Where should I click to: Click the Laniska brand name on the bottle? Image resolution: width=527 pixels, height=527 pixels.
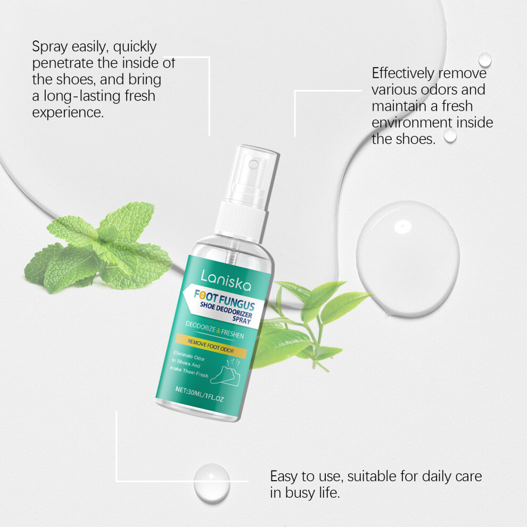pos(226,281)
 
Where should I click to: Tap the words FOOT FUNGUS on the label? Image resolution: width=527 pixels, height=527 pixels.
pos(225,300)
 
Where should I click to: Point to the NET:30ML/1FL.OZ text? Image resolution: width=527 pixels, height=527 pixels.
pos(199,394)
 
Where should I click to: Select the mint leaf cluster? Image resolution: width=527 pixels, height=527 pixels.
pos(97,246)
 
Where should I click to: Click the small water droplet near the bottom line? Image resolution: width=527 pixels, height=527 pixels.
pos(212,483)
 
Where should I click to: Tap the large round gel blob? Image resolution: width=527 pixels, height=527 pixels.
pos(408,259)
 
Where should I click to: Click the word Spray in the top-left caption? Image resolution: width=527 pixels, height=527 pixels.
pos(50,47)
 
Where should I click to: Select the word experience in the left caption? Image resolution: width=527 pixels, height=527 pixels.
pos(68,113)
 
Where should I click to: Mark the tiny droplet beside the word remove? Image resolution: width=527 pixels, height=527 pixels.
pos(485,60)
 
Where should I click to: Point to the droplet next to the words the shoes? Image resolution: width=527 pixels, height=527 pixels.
pos(450,136)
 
